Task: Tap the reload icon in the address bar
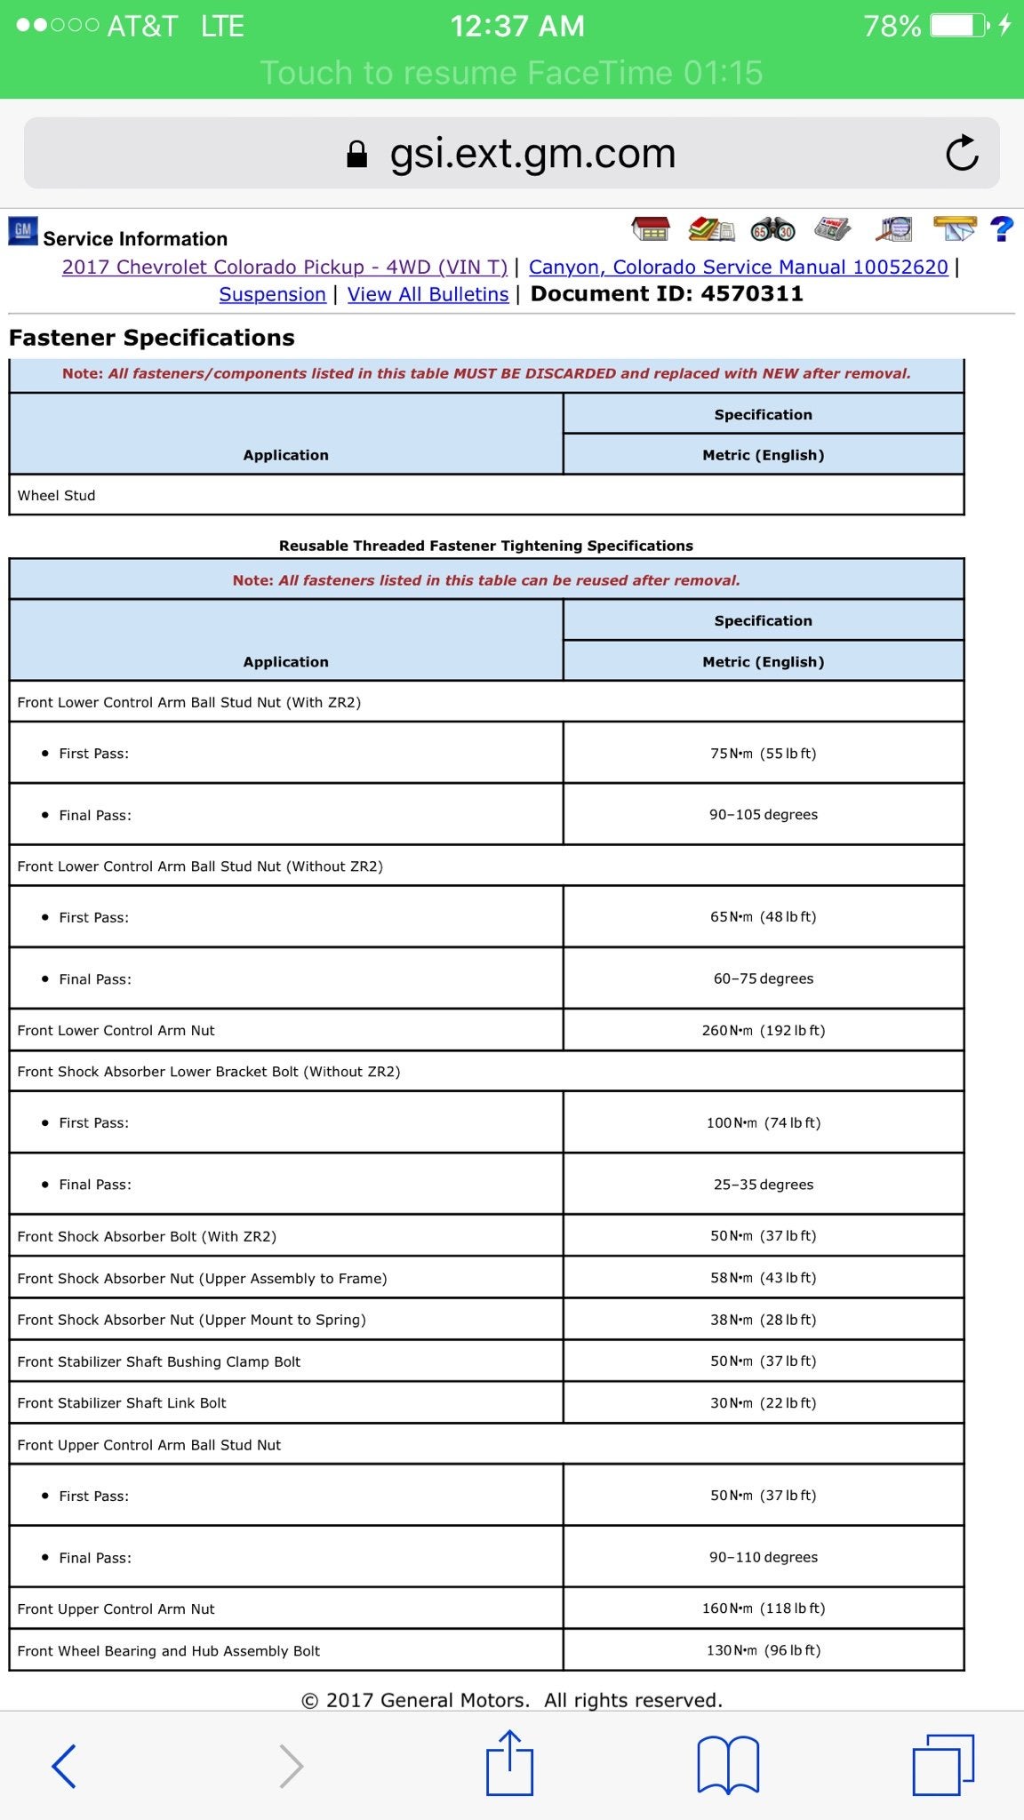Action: coord(962,154)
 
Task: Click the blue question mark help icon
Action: coord(1001,229)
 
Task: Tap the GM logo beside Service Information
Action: coord(23,231)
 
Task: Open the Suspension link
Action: coord(272,294)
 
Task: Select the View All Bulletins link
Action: coord(428,294)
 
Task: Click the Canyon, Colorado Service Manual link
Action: coord(738,267)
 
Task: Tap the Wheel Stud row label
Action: coord(56,495)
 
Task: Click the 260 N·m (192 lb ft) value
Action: coord(763,1030)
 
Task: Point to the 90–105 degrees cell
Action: coord(763,814)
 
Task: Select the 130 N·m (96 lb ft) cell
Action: coord(763,1649)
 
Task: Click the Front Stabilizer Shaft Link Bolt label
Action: coord(122,1402)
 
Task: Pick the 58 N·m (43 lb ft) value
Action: coord(763,1277)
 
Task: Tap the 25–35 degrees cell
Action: coord(763,1184)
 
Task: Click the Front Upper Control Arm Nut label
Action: coord(116,1608)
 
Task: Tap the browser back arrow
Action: coord(64,1765)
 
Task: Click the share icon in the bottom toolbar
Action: coord(509,1763)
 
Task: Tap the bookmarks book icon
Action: coord(728,1765)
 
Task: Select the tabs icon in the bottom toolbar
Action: coord(943,1765)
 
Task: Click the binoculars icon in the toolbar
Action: coord(772,230)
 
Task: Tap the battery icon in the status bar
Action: coord(959,26)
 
